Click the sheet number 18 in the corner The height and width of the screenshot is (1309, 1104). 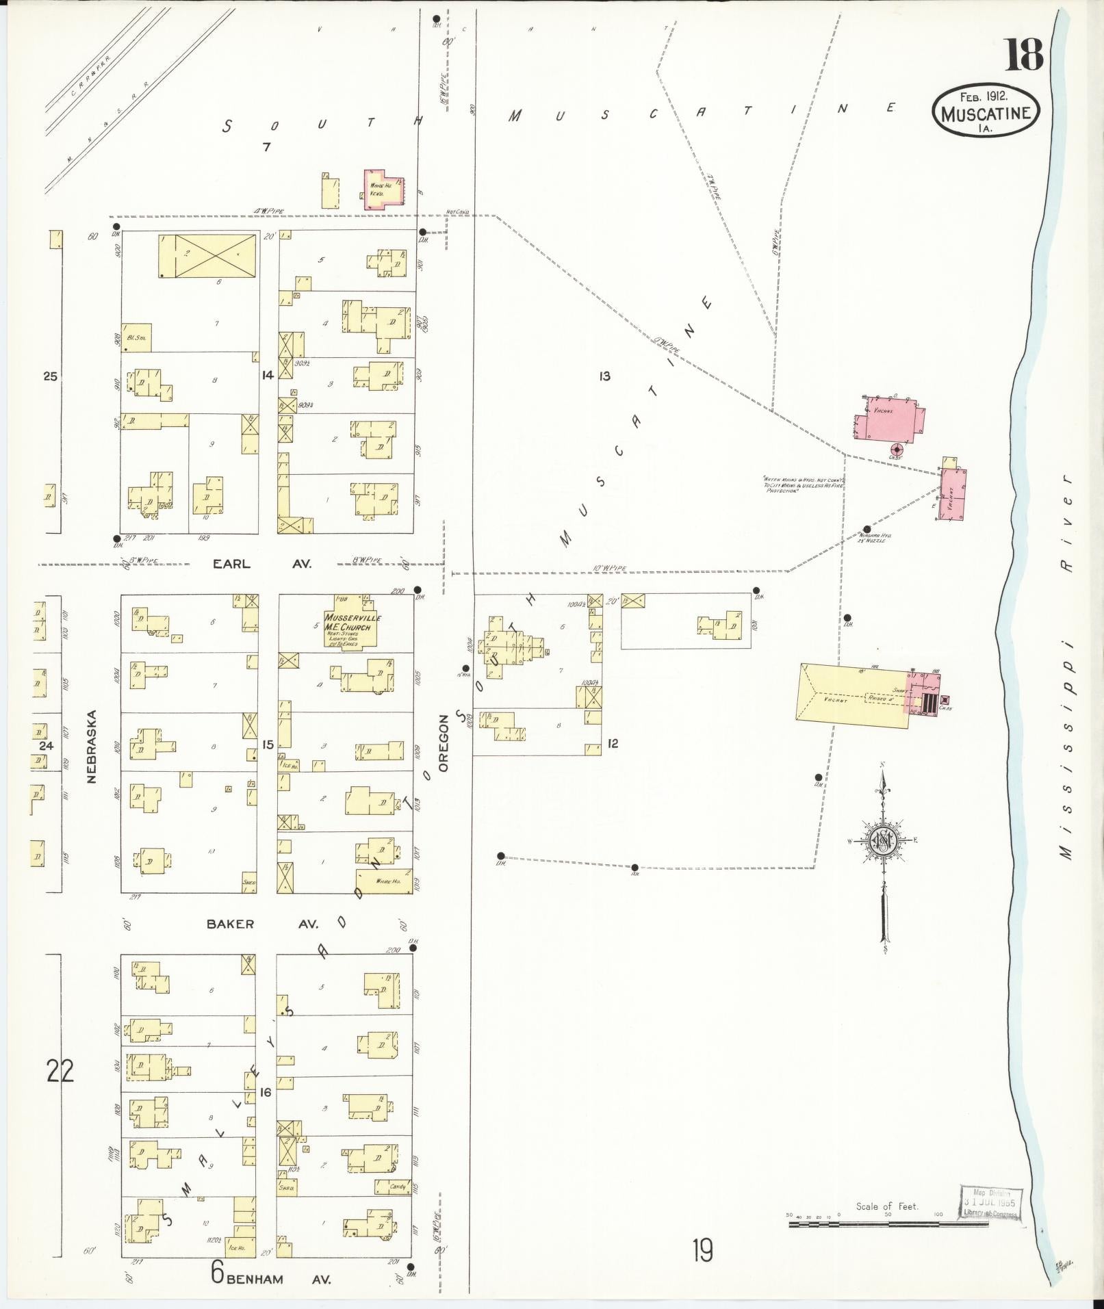[x=1023, y=55]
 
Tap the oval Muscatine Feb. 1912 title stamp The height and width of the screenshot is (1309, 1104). [x=986, y=111]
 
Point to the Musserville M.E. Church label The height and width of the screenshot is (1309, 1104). [x=353, y=623]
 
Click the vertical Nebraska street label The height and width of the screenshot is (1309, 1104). [x=92, y=746]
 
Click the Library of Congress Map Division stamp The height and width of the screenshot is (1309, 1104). [x=990, y=1203]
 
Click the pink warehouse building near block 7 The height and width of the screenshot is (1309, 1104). [x=383, y=187]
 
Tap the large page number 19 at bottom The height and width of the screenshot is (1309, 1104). [x=702, y=1251]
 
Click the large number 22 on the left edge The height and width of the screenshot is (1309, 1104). [x=60, y=1089]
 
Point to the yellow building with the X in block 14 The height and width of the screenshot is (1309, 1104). [x=216, y=256]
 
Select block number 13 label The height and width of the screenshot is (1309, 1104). [x=604, y=376]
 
